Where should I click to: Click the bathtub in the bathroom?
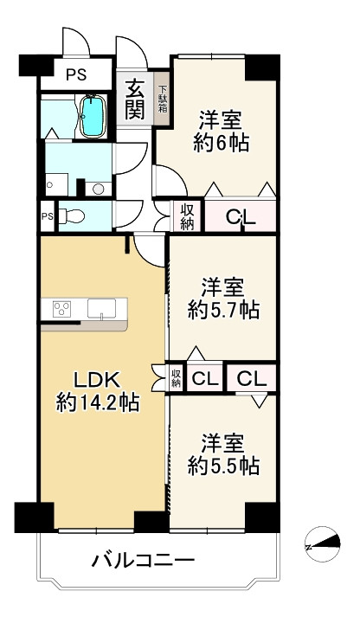click(x=93, y=116)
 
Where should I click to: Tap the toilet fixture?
click(x=72, y=216)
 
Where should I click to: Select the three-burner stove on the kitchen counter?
click(x=61, y=308)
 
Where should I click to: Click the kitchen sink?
click(x=101, y=308)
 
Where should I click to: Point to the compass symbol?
click(x=323, y=544)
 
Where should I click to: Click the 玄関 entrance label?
click(x=134, y=100)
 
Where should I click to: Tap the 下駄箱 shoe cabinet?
click(x=163, y=99)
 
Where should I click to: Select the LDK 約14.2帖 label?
click(x=98, y=391)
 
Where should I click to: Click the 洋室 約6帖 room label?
click(x=221, y=132)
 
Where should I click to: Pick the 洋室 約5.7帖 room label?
click(x=223, y=299)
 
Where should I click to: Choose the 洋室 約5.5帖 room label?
click(x=223, y=454)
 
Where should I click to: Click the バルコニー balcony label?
click(x=143, y=559)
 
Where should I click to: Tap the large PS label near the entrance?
click(x=76, y=74)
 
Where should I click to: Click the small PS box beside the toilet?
click(x=48, y=216)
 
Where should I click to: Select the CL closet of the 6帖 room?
click(x=241, y=215)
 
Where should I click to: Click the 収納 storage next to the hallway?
click(x=187, y=216)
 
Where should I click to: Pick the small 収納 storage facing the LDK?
click(x=176, y=377)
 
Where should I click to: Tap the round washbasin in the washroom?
click(x=98, y=190)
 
